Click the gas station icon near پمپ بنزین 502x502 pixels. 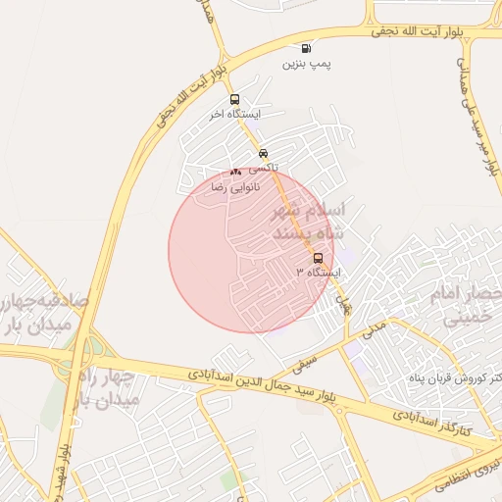307,48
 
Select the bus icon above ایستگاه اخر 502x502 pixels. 233,99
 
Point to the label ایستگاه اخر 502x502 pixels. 232,115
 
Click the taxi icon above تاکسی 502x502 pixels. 263,153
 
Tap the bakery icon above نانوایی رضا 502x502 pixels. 235,172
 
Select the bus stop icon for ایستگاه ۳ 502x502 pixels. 318,258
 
